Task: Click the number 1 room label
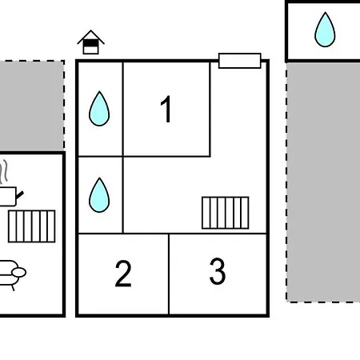(x=166, y=109)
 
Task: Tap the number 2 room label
(x=123, y=274)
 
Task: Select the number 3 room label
(x=218, y=271)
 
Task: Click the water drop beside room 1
(x=99, y=109)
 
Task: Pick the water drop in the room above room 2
(x=99, y=195)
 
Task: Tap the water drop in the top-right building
(x=325, y=30)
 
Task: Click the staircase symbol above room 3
(x=226, y=213)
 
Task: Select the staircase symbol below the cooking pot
(x=32, y=226)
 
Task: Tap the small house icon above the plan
(x=90, y=42)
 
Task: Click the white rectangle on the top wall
(x=240, y=61)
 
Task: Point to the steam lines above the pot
(x=3, y=172)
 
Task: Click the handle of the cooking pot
(x=20, y=195)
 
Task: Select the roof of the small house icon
(x=90, y=37)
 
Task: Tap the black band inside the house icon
(x=90, y=43)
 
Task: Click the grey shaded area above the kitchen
(x=32, y=106)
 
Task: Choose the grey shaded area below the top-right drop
(x=323, y=182)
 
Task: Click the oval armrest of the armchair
(x=19, y=273)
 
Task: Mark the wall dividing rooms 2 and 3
(x=169, y=274)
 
